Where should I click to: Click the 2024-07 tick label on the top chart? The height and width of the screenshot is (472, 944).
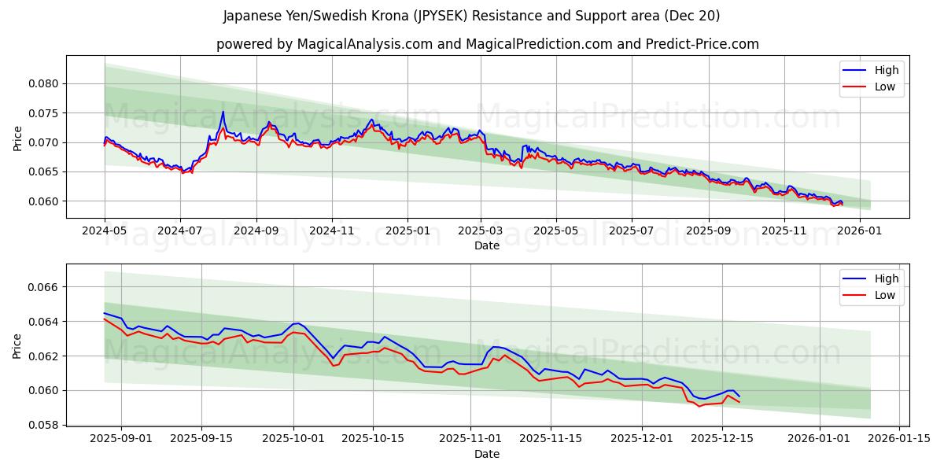click(x=180, y=231)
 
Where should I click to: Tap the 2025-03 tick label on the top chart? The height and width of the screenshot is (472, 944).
click(x=481, y=231)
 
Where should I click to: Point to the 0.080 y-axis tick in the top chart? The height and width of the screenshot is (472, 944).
click(x=44, y=83)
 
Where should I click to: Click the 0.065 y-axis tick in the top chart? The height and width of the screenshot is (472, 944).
click(x=44, y=171)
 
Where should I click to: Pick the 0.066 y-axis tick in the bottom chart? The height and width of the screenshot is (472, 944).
click(x=44, y=287)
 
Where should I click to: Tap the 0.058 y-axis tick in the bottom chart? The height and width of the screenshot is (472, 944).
click(x=44, y=425)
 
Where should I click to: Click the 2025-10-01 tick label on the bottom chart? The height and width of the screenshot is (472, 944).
click(x=293, y=439)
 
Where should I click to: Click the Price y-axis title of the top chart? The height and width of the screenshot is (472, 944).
click(x=17, y=138)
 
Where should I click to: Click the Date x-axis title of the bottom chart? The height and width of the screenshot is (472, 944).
click(x=486, y=454)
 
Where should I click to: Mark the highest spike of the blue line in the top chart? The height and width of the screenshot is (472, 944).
click(x=223, y=111)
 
